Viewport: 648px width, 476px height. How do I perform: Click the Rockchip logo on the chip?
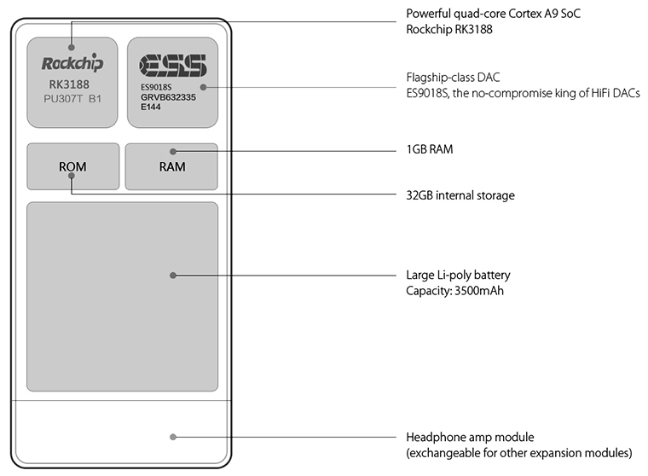[72, 63]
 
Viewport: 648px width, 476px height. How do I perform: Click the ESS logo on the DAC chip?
[172, 65]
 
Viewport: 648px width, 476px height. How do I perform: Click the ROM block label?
[72, 166]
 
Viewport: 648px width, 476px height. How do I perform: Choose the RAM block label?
[172, 166]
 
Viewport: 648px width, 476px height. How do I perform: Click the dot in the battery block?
[173, 276]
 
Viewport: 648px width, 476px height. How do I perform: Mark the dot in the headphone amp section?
[173, 437]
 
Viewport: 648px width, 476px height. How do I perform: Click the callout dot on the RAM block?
[173, 151]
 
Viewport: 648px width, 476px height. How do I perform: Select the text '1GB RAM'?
[429, 149]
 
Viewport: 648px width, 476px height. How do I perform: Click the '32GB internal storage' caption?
[460, 195]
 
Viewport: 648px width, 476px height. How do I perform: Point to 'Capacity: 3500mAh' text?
[453, 291]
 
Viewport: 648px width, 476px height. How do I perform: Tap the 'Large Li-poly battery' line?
[458, 276]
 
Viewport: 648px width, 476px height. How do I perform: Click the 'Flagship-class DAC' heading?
[452, 77]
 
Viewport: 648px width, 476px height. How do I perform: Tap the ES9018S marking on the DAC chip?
[158, 87]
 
